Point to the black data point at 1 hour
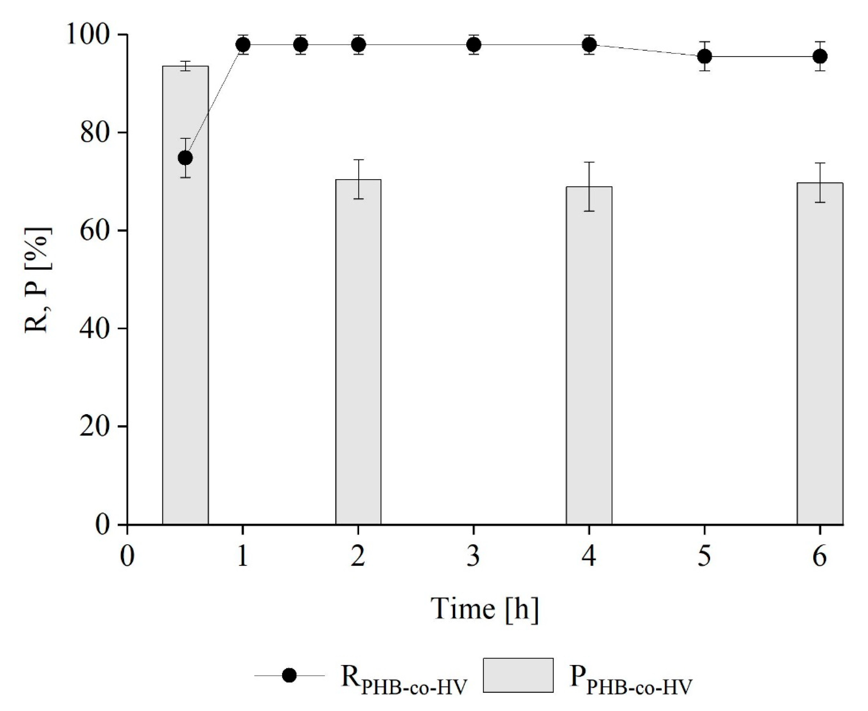pyautogui.click(x=243, y=44)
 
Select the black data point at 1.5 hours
pyautogui.click(x=300, y=44)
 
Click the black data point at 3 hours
pyautogui.click(x=474, y=44)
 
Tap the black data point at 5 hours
pyautogui.click(x=704, y=56)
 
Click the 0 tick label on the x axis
pyautogui.click(x=128, y=557)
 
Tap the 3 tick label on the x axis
pyautogui.click(x=474, y=557)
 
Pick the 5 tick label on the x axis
pyautogui.click(x=704, y=557)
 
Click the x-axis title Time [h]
pyautogui.click(x=484, y=609)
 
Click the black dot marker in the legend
pyautogui.click(x=289, y=675)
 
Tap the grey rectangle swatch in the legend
pyautogui.click(x=518, y=675)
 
